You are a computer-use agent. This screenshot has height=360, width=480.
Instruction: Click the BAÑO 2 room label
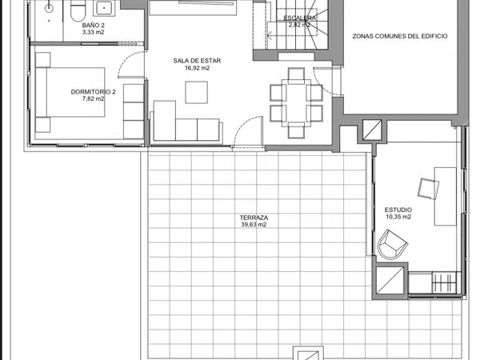pyautogui.click(x=93, y=25)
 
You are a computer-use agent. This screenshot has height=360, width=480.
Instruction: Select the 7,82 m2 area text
pyautogui.click(x=93, y=98)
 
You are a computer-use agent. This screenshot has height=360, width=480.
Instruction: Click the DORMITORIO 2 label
pyautogui.click(x=93, y=92)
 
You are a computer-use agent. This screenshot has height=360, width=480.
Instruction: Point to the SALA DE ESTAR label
pyautogui.click(x=197, y=61)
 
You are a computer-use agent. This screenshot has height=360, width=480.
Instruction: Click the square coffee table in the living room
pyautogui.click(x=196, y=92)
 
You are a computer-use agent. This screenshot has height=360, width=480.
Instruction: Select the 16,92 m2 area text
pyautogui.click(x=197, y=68)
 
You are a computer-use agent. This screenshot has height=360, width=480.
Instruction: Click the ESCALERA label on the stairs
pyautogui.click(x=300, y=18)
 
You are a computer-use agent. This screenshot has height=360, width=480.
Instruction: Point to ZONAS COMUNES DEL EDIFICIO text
pyautogui.click(x=400, y=36)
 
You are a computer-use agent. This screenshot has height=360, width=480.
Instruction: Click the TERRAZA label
pyautogui.click(x=254, y=218)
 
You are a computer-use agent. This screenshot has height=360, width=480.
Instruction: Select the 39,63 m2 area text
pyautogui.click(x=254, y=225)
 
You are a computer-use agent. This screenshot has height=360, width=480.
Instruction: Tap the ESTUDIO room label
pyautogui.click(x=398, y=210)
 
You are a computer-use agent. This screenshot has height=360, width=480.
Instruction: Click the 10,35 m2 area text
pyautogui.click(x=398, y=217)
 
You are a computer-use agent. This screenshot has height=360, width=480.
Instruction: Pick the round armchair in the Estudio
pyautogui.click(x=391, y=245)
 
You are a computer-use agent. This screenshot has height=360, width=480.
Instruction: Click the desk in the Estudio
pyautogui.click(x=446, y=196)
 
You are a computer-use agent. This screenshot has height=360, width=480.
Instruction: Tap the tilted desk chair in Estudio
pyautogui.click(x=428, y=189)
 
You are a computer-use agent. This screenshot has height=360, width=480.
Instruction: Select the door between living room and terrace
pyautogui.click(x=249, y=132)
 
